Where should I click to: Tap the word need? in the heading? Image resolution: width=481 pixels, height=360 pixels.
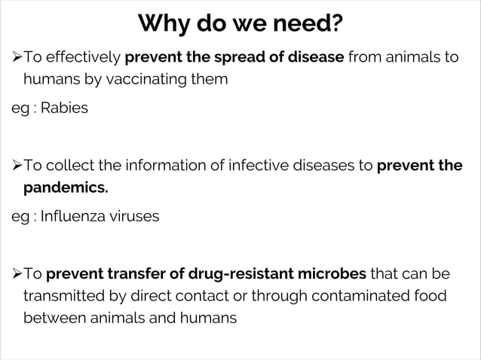pos(306,26)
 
